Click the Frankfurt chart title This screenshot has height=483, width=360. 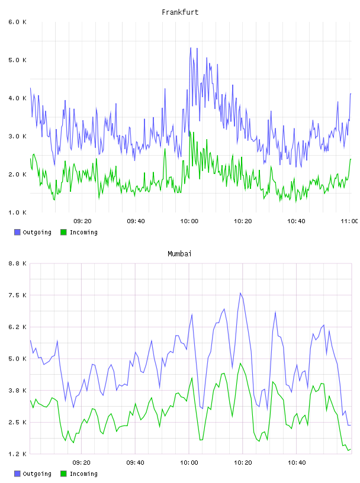click(180, 12)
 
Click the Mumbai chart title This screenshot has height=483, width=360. click(179, 254)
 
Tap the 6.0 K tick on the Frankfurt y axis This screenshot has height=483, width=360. click(17, 22)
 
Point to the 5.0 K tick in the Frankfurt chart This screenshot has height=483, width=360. click(17, 60)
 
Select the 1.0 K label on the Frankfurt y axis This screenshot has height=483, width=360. click(17, 212)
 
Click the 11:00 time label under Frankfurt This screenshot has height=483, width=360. click(349, 221)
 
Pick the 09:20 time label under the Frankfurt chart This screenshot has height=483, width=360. click(82, 221)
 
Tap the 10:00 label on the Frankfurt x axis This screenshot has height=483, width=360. click(189, 221)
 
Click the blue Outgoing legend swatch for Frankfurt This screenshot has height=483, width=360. click(17, 232)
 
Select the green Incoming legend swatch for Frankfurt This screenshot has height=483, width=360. click(63, 232)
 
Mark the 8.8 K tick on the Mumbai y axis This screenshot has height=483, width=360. click(17, 263)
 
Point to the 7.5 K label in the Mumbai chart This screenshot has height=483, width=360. click(17, 295)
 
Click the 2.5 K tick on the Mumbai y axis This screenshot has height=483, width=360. click(17, 422)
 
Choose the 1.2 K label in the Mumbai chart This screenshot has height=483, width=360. click(17, 454)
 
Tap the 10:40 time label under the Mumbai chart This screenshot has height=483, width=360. click(297, 463)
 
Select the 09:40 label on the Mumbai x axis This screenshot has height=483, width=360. click(136, 463)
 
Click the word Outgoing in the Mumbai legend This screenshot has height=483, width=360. click(37, 474)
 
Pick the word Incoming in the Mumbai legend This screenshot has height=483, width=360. click(83, 474)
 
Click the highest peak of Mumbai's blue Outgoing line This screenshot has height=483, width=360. click(240, 293)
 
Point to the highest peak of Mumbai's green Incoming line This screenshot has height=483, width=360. click(240, 363)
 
